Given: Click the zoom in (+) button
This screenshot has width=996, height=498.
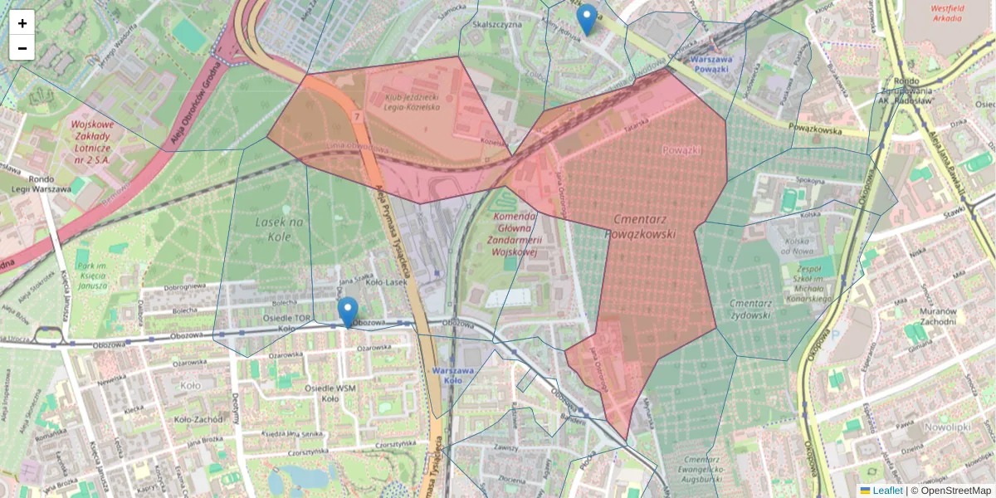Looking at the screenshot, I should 22,22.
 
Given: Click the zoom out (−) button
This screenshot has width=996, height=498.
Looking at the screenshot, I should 22,48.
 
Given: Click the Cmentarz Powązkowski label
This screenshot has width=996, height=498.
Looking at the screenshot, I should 644,226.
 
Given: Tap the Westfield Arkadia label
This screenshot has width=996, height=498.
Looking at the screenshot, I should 947,12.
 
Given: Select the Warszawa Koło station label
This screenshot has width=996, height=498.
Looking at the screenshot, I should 453,375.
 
